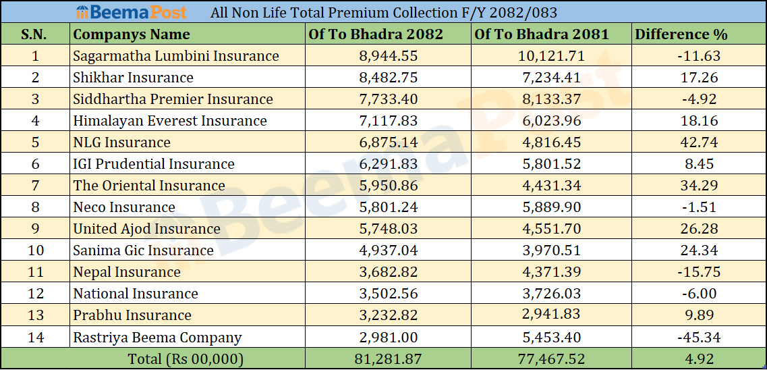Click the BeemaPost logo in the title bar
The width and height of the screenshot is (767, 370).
coord(132,12)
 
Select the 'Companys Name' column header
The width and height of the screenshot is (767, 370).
coord(132,34)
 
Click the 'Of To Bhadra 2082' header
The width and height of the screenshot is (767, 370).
coord(376,34)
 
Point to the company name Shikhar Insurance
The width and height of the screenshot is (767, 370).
coord(133,78)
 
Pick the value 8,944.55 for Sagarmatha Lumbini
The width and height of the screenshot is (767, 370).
coord(388,56)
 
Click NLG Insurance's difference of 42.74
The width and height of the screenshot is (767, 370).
coord(698,142)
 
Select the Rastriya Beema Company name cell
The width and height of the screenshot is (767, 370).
coord(157,337)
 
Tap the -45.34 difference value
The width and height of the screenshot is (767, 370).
coord(698,337)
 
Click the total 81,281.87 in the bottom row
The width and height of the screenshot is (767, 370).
coord(388,359)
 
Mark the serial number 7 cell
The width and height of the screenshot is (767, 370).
coord(35,186)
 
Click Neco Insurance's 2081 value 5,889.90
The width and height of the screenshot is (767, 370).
coord(552,207)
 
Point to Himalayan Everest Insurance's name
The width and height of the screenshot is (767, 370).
coord(170,121)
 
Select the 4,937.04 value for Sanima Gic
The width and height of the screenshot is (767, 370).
coord(388,250)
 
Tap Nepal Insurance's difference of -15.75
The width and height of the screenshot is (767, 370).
coord(698,272)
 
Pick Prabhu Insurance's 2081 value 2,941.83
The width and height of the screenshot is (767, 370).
coord(552,315)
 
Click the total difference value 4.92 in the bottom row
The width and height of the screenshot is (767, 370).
coord(698,359)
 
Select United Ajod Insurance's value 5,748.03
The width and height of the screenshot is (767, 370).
coord(388,229)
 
